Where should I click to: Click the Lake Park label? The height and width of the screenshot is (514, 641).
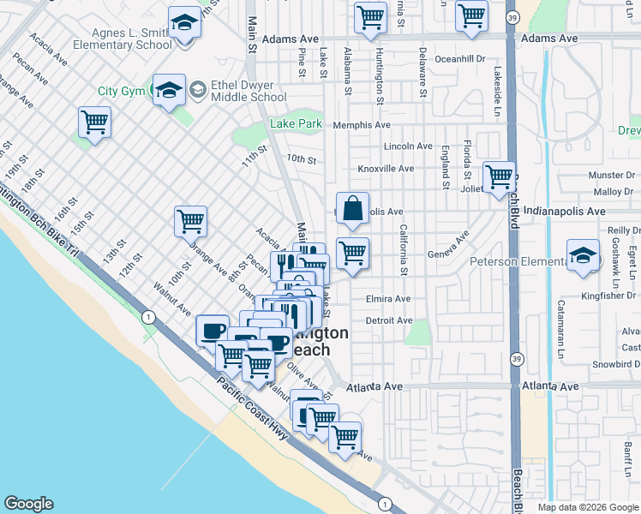click(x=296, y=124)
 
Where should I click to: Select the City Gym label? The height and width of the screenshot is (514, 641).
click(x=119, y=91)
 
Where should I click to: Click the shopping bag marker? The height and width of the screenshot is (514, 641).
click(x=352, y=208)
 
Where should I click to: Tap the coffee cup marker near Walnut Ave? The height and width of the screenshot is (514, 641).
click(x=212, y=330)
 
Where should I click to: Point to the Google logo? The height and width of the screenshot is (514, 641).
click(x=28, y=504)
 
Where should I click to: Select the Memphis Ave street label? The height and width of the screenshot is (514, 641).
click(x=362, y=125)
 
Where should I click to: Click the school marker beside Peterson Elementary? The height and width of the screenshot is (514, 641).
click(x=583, y=255)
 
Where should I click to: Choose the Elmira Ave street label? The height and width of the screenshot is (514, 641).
click(x=388, y=300)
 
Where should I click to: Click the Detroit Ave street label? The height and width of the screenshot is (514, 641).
click(x=388, y=320)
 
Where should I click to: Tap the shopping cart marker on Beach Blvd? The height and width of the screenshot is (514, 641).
click(x=499, y=177)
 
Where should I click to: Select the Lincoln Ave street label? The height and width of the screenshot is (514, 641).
click(x=408, y=147)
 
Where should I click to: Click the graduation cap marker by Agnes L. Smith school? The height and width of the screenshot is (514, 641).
click(x=184, y=22)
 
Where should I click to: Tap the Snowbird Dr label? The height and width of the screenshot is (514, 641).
click(x=615, y=363)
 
